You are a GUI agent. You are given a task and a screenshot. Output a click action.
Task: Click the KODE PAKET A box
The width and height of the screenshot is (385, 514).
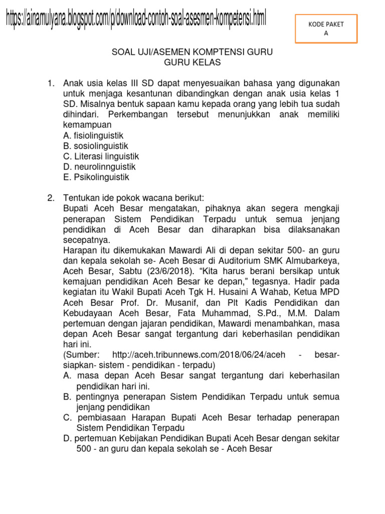326,29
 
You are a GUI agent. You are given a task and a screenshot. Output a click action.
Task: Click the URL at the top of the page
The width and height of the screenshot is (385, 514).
136,19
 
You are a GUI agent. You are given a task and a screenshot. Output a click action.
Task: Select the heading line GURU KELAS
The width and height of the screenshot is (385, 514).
192,62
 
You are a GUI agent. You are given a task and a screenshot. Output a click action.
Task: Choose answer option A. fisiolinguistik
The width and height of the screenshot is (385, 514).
93,136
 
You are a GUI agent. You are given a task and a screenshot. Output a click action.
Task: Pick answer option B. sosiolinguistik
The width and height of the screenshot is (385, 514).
96,146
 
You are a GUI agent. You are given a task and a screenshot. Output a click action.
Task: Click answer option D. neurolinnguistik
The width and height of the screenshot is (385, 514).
99,167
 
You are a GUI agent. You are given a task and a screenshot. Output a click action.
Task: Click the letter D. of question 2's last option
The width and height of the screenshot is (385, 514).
68,438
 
